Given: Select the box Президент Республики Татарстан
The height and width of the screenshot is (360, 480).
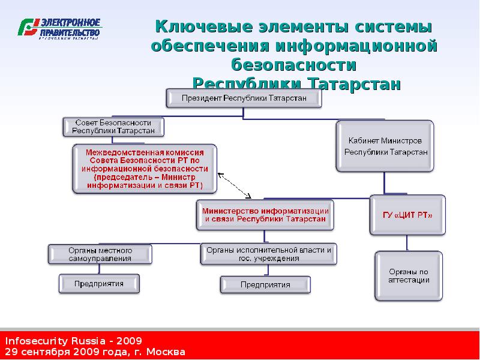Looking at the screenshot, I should point(244,98).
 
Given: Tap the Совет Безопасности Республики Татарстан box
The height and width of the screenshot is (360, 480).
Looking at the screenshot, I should point(113,126).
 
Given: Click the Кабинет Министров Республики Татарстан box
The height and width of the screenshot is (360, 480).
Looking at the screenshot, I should point(385,146).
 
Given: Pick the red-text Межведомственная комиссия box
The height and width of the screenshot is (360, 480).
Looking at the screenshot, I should point(145,169).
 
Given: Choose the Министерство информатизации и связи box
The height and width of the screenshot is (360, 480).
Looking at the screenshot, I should point(265,215).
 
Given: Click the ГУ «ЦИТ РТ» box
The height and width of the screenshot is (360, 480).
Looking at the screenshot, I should point(407,215).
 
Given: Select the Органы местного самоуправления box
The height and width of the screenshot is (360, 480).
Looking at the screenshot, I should point(100,254).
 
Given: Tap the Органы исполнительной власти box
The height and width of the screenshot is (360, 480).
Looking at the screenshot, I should point(268,254).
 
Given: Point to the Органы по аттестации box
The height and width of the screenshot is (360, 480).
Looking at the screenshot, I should point(409,275).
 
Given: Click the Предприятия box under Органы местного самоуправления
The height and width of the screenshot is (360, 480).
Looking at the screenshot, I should point(99,283).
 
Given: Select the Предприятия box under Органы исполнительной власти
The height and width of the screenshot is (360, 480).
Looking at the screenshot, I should point(265,284).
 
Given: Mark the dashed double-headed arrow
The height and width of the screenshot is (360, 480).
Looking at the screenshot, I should point(235,185).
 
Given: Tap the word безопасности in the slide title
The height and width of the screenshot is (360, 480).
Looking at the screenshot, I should point(293,64).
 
